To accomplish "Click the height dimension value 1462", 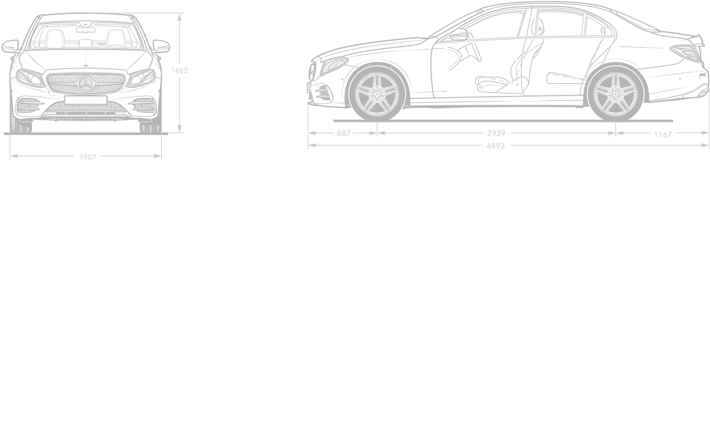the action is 179,71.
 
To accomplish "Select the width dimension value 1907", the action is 88,157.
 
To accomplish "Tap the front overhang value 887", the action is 344,134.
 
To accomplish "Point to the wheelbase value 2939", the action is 496,133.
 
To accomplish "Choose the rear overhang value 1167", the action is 662,134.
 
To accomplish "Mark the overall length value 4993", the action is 495,145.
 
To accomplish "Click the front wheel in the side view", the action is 377,94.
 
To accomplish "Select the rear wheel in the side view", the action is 615,94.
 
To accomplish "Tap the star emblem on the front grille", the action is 85,84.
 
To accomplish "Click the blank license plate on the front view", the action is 85,100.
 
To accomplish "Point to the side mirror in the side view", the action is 458,34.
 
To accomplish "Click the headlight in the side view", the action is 333,66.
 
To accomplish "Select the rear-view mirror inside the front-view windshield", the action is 85,30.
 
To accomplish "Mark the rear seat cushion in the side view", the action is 566,78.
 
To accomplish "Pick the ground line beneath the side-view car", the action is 503,121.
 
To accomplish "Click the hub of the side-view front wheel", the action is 377,94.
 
